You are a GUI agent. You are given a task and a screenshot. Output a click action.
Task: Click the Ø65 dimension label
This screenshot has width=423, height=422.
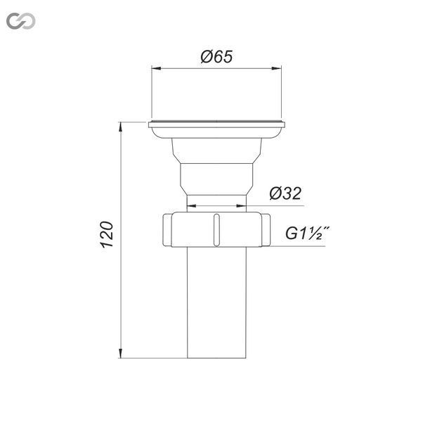point(216,57)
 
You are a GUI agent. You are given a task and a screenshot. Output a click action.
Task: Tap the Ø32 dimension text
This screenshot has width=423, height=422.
point(285,193)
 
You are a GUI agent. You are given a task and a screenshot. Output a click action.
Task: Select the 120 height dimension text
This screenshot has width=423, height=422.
point(107,234)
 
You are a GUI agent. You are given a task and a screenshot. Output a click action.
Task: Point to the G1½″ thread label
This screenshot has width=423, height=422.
point(308,234)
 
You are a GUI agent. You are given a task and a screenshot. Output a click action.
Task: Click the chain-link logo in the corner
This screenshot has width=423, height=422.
point(21,21)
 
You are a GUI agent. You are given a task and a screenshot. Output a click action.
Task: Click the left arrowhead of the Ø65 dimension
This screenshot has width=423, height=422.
point(157,68)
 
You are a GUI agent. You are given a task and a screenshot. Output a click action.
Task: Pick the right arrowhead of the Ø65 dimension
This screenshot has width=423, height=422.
point(277,68)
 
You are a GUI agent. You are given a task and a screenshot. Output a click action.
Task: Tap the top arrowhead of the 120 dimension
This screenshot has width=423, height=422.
point(121,127)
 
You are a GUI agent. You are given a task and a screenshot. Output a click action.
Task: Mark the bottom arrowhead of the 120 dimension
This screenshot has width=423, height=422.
point(121,353)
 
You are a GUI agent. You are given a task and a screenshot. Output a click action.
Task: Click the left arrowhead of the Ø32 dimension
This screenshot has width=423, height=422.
point(192,206)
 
